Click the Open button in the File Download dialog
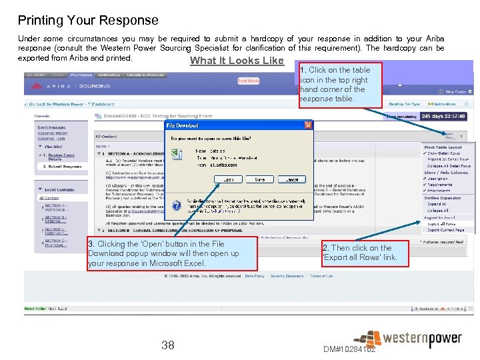click(229, 179)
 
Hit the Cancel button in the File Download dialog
click(291, 179)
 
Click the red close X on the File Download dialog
click(307, 125)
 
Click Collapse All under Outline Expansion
click(438, 211)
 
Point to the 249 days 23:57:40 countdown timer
click(443, 116)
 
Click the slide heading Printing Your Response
click(88, 21)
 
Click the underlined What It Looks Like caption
click(237, 61)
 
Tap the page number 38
click(168, 345)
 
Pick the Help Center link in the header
click(455, 92)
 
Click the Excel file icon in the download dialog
click(177, 154)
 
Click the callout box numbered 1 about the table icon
click(340, 84)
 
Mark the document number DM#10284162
click(349, 349)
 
